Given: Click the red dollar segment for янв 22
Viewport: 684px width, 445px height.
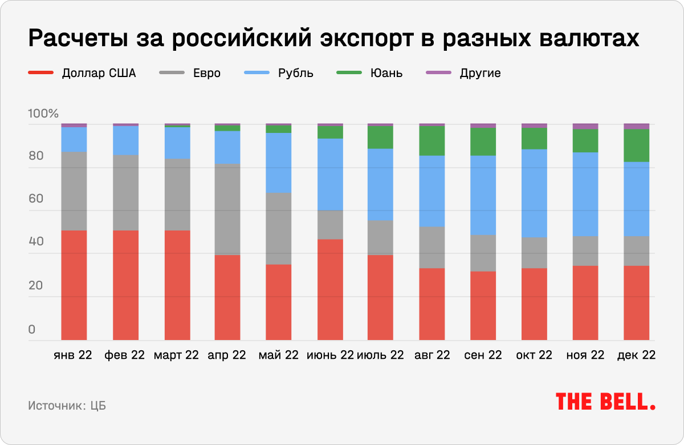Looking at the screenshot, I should pos(74,285).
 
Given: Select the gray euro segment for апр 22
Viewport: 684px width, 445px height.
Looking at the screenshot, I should pos(227,209).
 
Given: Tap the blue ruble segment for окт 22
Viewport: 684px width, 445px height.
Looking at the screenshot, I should pos(534,193).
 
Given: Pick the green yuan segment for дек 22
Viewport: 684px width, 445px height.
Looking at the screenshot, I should pos(636,145).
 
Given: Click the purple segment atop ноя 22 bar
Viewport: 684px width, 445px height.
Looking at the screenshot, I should pos(585,126).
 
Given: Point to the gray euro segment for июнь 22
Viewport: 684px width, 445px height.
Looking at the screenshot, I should pos(330,224).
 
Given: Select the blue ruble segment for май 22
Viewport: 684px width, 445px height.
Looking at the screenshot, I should pos(278,163).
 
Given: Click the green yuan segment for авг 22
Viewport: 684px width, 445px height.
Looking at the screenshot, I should pos(432,140).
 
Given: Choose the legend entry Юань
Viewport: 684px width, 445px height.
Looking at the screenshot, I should pos(386,73).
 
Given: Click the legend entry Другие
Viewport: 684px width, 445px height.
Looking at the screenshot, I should pos(479,73).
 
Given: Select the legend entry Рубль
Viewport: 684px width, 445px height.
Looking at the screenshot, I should pos(295,73).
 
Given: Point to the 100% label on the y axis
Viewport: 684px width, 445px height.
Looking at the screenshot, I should pos(43,114).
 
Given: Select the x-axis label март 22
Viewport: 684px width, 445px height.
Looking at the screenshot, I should pos(176,355).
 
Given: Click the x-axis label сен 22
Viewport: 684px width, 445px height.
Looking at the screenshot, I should pos(483,355).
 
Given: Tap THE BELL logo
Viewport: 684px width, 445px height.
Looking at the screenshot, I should pos(605,401).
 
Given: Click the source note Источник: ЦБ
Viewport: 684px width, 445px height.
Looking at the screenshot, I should pos(67,406).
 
